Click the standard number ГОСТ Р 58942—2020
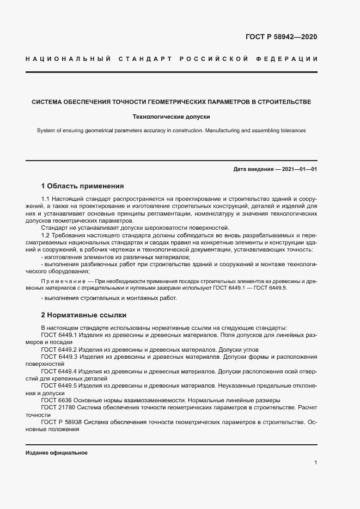[282, 38]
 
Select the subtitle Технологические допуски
[172, 116]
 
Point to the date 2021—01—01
[298, 169]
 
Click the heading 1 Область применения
[82, 186]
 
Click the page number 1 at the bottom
[316, 463]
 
